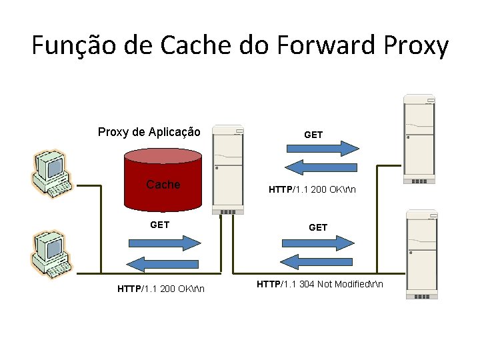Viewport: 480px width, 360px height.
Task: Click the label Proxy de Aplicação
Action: [149, 131]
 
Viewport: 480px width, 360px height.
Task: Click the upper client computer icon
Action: [51, 174]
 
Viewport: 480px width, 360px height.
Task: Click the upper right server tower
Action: [420, 140]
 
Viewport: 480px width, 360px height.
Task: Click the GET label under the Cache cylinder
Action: [160, 225]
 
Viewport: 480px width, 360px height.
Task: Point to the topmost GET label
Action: [313, 135]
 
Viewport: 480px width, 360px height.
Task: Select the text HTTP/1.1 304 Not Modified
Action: [320, 285]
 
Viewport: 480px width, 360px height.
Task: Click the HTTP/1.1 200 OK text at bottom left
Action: [161, 289]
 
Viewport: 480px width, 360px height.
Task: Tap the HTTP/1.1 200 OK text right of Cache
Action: [312, 189]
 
